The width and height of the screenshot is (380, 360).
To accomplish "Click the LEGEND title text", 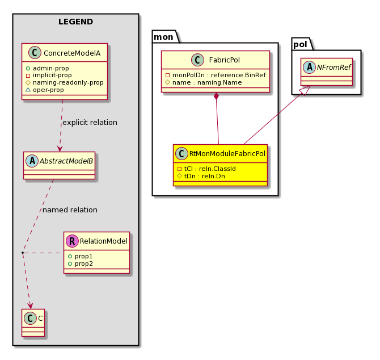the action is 75,22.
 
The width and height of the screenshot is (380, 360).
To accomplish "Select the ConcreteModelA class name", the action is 72,53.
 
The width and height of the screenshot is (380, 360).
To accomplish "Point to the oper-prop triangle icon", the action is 28,90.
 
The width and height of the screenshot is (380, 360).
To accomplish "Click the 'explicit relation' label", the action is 90,123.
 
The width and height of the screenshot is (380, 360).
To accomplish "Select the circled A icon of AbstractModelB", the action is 32,161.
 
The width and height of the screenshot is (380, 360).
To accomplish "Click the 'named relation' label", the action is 70,210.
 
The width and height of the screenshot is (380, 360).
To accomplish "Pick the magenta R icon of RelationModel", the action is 72,241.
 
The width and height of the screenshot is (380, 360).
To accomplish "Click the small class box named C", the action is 33,323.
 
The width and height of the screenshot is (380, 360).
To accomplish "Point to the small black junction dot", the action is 23,253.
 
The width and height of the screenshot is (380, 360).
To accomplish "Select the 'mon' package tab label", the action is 163,37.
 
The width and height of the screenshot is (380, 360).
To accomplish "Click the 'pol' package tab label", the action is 300,44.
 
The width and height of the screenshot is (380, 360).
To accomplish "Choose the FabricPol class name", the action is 225,60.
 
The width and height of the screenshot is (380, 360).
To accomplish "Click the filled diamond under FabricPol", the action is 216,97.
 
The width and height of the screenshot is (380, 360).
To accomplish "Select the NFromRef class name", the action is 333,67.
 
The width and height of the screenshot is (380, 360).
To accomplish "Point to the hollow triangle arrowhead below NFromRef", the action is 305,90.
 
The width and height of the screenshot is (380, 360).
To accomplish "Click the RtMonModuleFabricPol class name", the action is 227,153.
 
